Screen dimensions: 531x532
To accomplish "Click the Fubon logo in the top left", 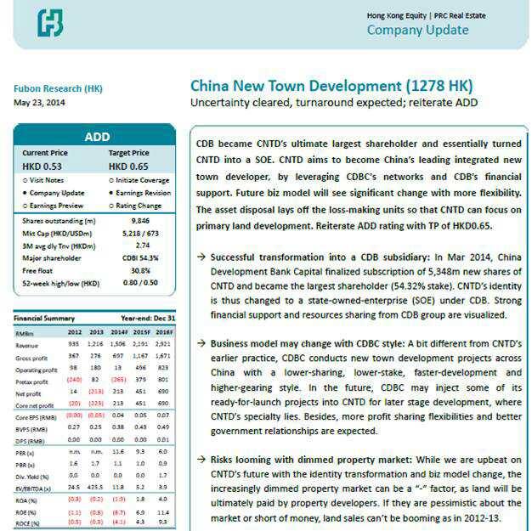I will [50, 23].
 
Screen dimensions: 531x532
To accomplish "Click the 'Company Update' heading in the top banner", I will [417, 31].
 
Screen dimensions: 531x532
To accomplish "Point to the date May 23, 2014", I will [37, 104].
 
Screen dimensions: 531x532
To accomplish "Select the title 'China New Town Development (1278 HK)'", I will [331, 86].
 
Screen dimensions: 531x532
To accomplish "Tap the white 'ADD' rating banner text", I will [97, 137].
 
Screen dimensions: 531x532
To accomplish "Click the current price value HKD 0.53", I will [42, 167].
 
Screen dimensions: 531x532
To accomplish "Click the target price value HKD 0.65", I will [128, 167].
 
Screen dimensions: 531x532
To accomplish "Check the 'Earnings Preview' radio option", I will [53, 205].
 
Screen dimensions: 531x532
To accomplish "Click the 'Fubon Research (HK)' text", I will [54, 88].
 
